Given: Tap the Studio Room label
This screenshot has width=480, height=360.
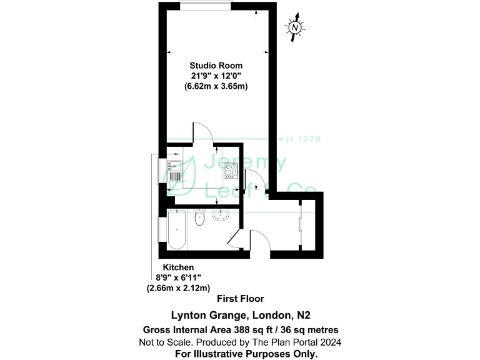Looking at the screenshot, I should pos(216,66).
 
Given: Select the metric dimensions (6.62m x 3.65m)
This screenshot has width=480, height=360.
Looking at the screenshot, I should pos(216,87).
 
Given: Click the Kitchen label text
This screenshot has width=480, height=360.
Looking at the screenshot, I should pos(161,267).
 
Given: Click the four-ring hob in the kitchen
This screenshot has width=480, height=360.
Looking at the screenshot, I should pos(231,169).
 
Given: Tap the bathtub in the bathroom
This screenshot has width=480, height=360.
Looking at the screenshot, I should pos(176,229).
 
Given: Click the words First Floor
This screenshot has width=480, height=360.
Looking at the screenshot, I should pos(240,299).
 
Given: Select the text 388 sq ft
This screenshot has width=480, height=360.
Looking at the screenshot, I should pos(256,329).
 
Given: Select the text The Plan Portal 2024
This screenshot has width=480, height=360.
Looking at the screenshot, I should pos(299,342).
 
